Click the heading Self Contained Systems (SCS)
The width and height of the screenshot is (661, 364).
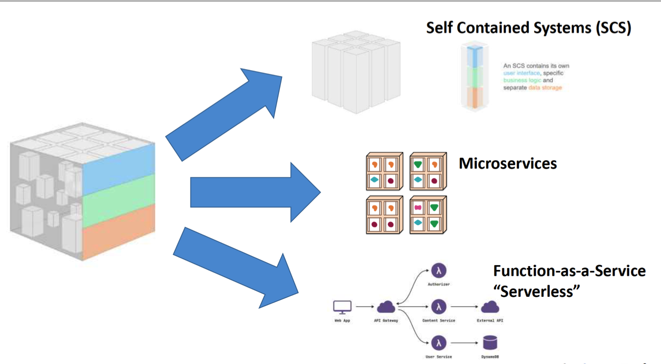click(x=528, y=27)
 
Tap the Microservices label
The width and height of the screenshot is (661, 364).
click(x=508, y=163)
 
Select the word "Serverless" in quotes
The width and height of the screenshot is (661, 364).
click(x=537, y=291)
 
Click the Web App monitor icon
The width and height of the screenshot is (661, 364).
click(x=342, y=307)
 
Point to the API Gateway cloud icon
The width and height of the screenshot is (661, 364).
click(x=386, y=307)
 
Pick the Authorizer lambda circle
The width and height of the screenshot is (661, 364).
click(x=439, y=270)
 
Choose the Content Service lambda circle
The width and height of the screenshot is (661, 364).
click(x=439, y=307)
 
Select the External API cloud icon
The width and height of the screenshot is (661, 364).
click(x=490, y=307)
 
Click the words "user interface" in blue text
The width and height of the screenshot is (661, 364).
click(x=521, y=73)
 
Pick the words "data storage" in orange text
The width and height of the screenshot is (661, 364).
click(x=545, y=88)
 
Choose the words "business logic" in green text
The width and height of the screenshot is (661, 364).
click(x=522, y=80)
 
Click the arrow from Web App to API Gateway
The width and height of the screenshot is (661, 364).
click(x=364, y=307)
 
